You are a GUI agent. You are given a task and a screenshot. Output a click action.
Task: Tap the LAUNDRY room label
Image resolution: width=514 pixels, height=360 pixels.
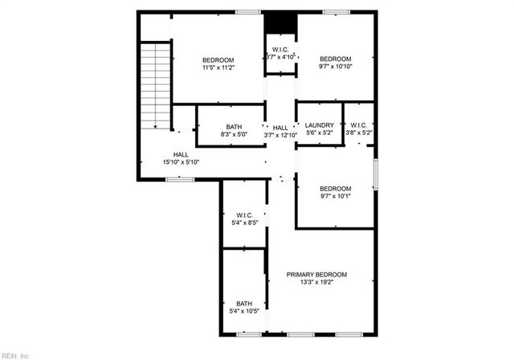320,125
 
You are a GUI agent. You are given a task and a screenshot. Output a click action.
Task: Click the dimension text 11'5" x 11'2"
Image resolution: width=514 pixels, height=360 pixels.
218,68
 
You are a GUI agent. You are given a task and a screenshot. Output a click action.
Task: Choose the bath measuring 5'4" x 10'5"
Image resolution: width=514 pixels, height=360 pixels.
244,307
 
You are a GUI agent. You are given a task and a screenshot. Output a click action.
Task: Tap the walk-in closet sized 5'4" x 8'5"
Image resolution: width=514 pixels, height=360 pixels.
245,219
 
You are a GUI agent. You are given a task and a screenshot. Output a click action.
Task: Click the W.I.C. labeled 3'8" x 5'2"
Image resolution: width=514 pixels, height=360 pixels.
358,129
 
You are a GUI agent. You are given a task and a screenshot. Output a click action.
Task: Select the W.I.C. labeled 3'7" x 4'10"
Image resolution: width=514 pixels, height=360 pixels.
280,54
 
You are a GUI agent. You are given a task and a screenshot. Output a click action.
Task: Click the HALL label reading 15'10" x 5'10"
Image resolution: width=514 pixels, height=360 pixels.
181,158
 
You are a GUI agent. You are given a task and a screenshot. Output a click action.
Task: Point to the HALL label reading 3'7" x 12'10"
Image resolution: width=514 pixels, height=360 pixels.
280,132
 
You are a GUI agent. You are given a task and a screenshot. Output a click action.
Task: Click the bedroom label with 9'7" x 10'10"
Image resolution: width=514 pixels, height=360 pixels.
335,63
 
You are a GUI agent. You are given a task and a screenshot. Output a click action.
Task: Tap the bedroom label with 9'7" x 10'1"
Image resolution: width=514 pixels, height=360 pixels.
335,192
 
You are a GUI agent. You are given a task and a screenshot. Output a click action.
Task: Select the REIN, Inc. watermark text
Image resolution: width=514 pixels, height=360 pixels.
16,354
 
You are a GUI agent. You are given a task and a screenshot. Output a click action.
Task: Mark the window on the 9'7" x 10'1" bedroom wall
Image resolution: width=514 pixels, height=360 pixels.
375,175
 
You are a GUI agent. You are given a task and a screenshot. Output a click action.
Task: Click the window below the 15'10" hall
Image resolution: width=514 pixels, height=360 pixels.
180,179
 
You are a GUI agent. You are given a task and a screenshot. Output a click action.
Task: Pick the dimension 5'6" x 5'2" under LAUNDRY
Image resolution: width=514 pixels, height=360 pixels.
320,133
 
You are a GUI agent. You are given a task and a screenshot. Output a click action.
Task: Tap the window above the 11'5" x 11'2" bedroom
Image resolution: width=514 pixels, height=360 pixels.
248,12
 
